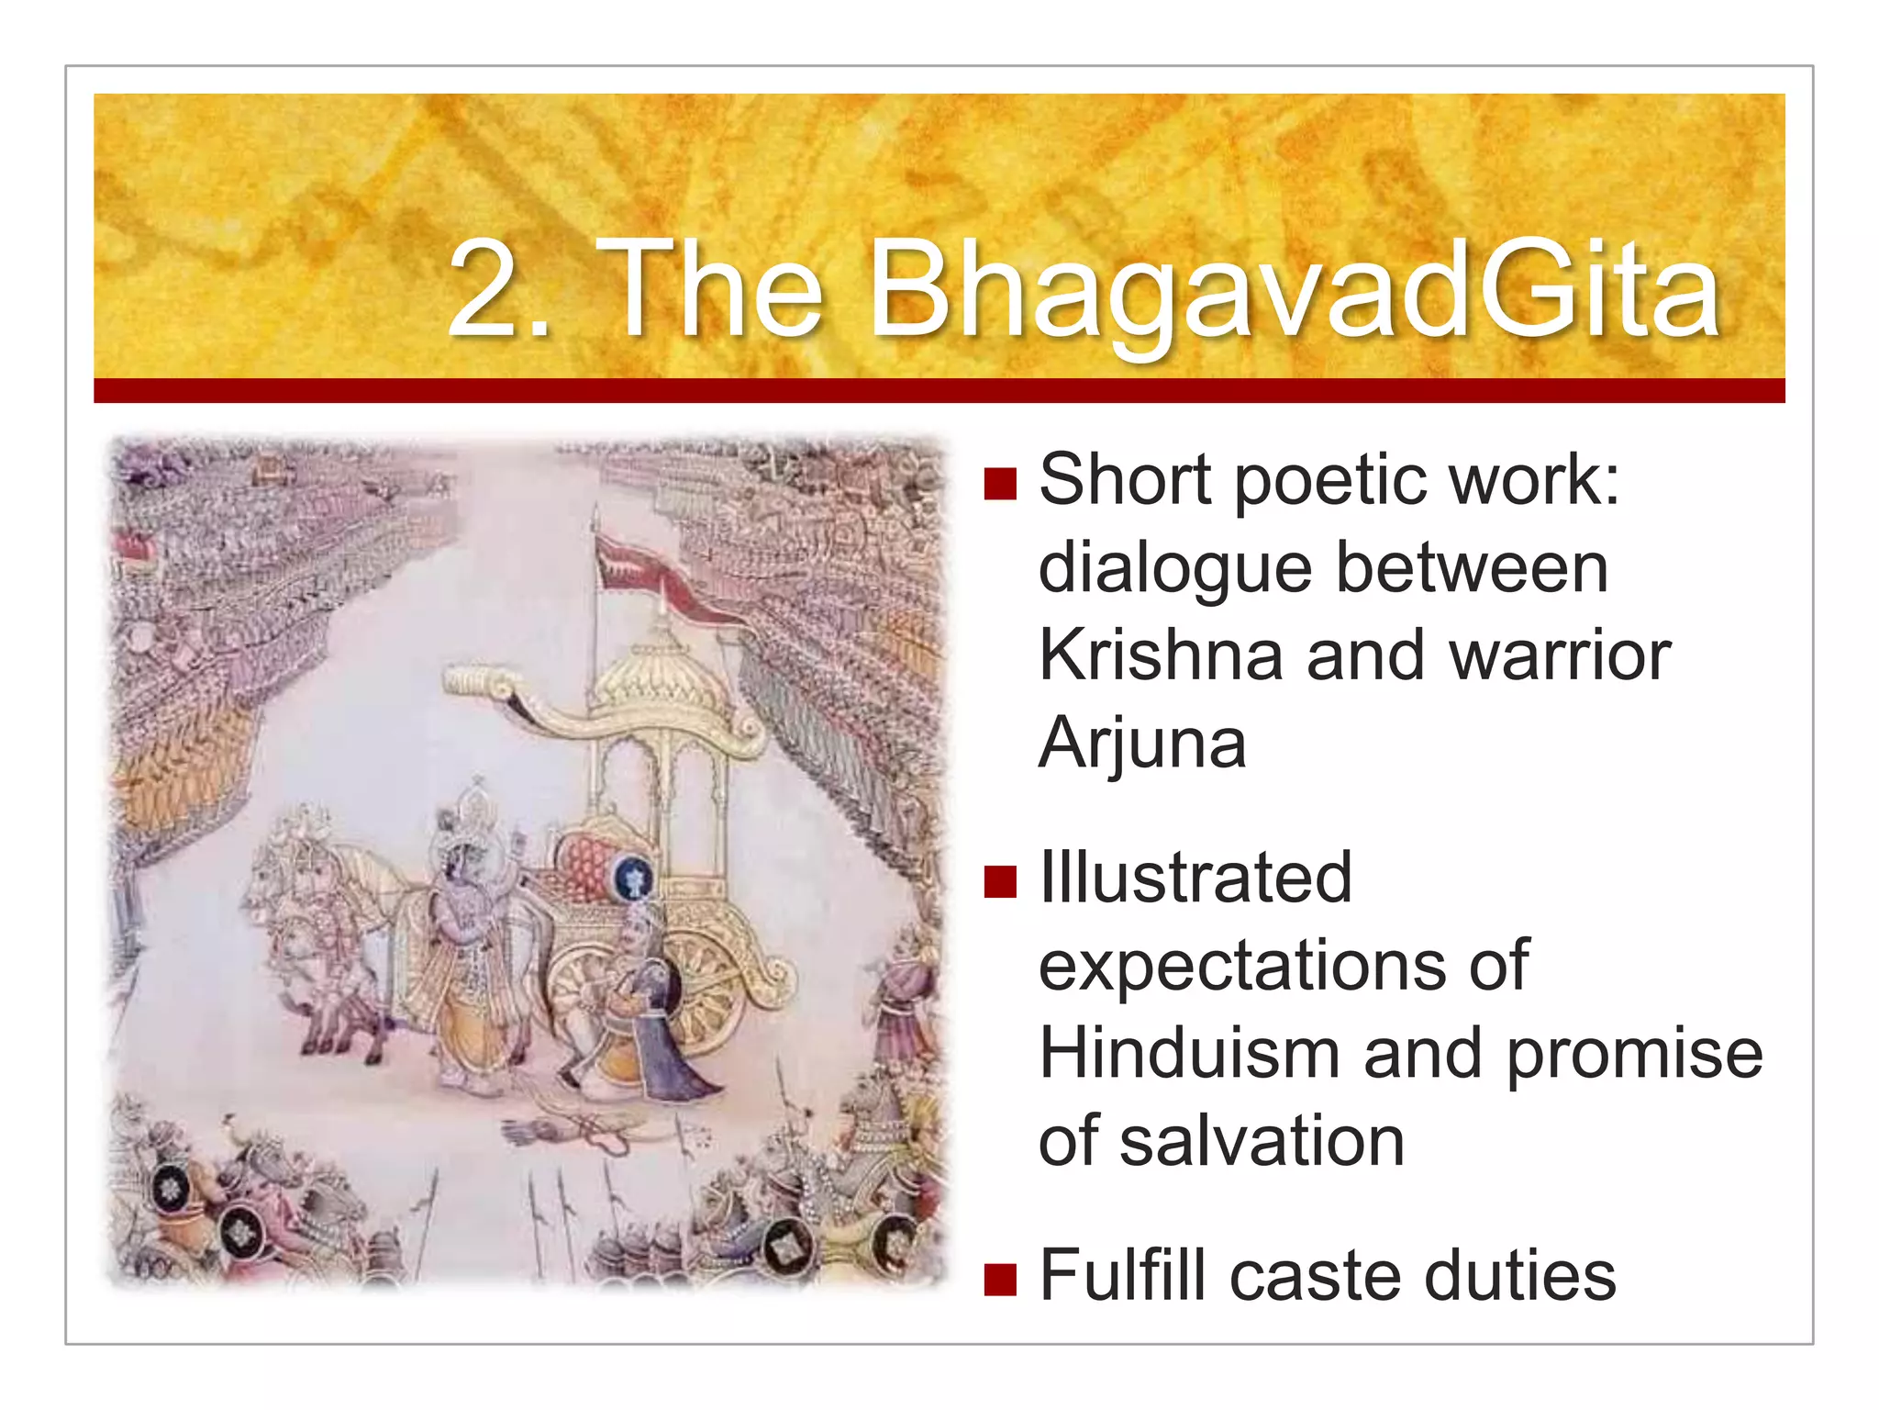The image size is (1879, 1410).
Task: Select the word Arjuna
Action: click(x=1142, y=744)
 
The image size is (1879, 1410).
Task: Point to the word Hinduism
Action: click(x=1189, y=1053)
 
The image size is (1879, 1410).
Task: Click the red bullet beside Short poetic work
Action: click(x=999, y=483)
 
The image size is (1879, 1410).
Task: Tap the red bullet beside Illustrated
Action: click(x=999, y=881)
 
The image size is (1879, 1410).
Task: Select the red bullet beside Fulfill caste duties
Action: click(x=999, y=1279)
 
